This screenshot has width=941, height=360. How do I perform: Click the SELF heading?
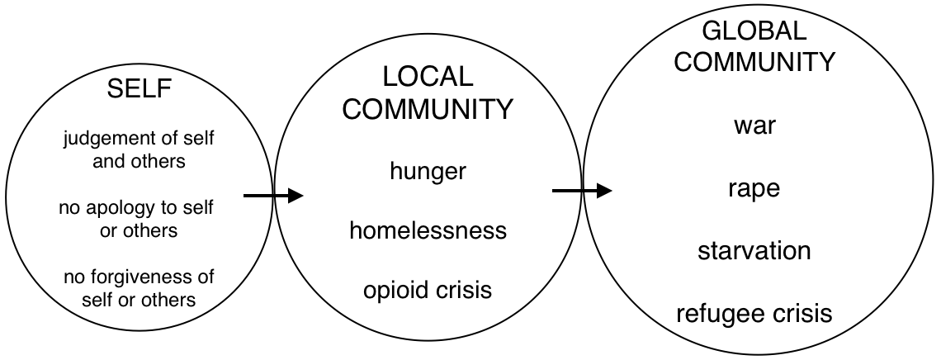[139, 89]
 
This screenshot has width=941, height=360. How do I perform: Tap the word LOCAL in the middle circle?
[428, 77]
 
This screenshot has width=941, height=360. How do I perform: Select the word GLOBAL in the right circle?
[754, 30]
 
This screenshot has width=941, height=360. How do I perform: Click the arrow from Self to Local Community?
[273, 195]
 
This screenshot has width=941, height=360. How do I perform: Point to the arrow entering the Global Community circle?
[582, 191]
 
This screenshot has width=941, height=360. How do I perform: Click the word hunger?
[428, 173]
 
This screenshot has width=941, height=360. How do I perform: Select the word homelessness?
[428, 230]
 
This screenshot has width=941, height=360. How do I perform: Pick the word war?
[754, 126]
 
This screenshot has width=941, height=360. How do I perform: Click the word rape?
[754, 189]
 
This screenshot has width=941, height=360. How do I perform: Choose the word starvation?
[754, 251]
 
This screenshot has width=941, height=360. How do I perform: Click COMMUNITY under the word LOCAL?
[428, 109]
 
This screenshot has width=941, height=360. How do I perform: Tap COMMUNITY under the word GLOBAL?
[754, 62]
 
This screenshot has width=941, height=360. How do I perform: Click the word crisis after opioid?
[464, 290]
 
